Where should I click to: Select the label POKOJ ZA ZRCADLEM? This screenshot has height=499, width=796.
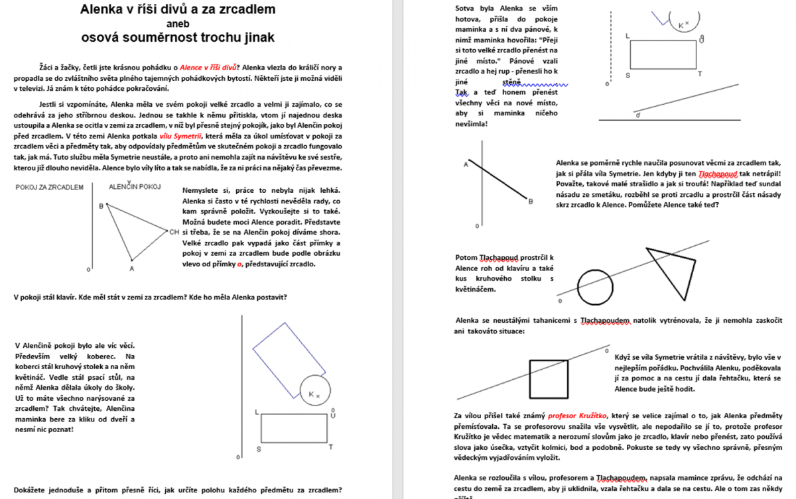tap(48, 187)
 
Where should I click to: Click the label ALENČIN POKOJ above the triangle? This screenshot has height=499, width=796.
tap(135, 187)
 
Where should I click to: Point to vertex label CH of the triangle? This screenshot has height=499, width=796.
tap(174, 232)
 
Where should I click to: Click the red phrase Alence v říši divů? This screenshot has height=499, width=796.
tap(209, 67)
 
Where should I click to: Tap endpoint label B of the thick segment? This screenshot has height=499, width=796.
tap(531, 201)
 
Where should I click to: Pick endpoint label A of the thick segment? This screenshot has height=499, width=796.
tap(466, 164)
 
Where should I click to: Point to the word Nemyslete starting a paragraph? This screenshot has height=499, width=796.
tap(202, 190)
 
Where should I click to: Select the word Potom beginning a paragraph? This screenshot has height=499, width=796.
tap(468, 257)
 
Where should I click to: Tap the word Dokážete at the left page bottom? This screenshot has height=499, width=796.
tap(33, 490)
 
